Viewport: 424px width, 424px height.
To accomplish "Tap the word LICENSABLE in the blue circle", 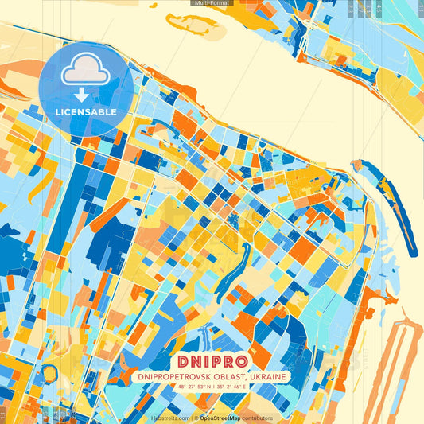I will tap(86, 112).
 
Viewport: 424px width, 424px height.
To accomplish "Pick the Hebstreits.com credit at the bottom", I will tap(170, 418).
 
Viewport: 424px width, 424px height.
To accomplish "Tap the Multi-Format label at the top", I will tap(212, 3).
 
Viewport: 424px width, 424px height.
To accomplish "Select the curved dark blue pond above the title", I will tap(231, 270).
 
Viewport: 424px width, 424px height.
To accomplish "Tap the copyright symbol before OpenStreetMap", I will tap(196, 418).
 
